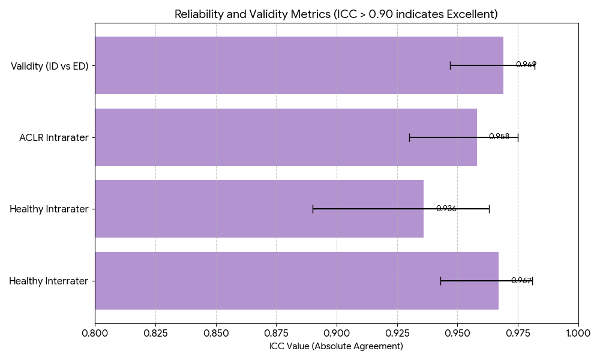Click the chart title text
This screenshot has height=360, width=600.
(x=336, y=14)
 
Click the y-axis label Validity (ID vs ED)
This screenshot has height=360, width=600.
(x=50, y=66)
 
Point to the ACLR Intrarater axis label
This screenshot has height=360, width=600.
(x=54, y=137)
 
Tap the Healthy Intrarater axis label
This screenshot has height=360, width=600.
(x=49, y=209)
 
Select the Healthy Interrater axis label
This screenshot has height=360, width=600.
(x=49, y=281)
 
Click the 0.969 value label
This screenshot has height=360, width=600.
(x=526, y=65)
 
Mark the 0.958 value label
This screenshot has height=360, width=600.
(x=499, y=137)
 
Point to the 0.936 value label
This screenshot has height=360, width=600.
(x=446, y=209)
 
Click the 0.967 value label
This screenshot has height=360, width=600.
(x=521, y=280)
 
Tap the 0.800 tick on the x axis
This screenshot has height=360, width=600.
(x=95, y=332)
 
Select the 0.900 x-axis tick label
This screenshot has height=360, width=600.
(x=337, y=332)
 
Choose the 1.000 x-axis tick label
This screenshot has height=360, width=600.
(x=578, y=332)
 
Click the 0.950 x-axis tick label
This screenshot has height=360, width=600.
(x=457, y=332)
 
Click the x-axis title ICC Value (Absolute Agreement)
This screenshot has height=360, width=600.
(x=336, y=346)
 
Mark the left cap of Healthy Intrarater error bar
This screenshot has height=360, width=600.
(x=313, y=209)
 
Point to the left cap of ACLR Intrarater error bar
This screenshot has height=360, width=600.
(x=409, y=137)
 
